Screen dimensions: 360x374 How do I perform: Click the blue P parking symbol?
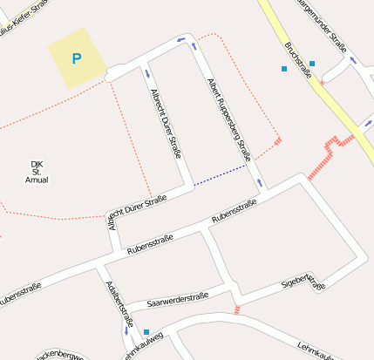click(76, 59)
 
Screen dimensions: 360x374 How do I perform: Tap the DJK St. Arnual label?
click(37, 171)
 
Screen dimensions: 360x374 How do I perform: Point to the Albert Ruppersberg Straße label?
click(229, 119)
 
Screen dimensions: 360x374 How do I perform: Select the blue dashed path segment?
click(221, 174)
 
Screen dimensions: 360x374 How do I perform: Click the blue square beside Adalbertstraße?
click(146, 331)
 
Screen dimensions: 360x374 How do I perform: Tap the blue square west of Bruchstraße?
click(283, 68)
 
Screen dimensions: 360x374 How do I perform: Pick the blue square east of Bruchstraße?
click(312, 64)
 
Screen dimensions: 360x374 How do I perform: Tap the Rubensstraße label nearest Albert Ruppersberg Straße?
click(234, 210)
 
